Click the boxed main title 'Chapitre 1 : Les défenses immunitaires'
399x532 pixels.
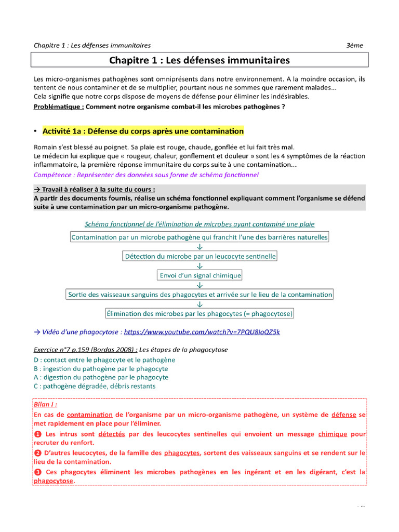pyautogui.click(x=199, y=61)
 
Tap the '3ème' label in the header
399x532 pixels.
pyautogui.click(x=355, y=45)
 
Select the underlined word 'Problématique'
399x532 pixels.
pyautogui.click(x=58, y=107)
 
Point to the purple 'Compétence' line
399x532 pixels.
pyautogui.click(x=145, y=175)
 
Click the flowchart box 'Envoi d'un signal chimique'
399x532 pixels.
pyautogui.click(x=200, y=275)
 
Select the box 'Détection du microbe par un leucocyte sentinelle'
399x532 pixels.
pyautogui.click(x=200, y=256)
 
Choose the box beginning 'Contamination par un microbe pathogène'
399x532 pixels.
pyautogui.click(x=199, y=237)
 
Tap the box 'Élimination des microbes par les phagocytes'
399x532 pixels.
pyautogui.click(x=199, y=313)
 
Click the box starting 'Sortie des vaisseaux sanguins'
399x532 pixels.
pyautogui.click(x=200, y=295)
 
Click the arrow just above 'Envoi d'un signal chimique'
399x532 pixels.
pyautogui.click(x=200, y=266)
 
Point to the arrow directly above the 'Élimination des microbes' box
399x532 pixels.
pyautogui.click(x=200, y=304)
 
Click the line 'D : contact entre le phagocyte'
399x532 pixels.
pyautogui.click(x=104, y=360)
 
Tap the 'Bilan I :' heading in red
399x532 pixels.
pyautogui.click(x=45, y=404)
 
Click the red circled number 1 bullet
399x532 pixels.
pyautogui.click(x=37, y=434)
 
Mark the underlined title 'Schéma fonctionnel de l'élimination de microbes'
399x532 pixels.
pyautogui.click(x=199, y=224)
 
